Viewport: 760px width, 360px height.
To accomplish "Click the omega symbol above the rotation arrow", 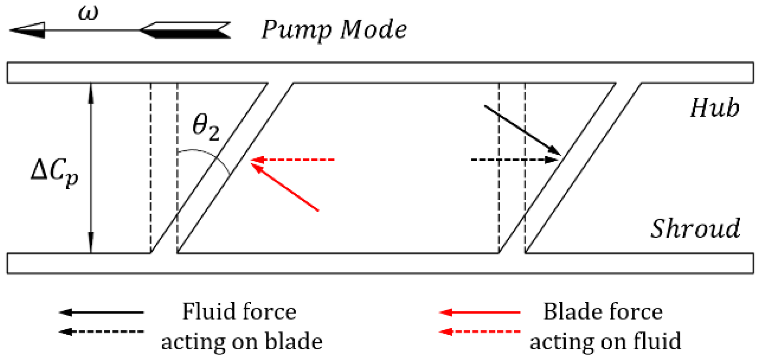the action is [88, 13].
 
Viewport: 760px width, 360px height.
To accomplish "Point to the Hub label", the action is [715, 108].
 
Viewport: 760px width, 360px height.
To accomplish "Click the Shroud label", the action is [695, 228].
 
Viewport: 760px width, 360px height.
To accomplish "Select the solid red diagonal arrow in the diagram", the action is [285, 186].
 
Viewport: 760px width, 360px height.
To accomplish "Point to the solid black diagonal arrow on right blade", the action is [522, 130].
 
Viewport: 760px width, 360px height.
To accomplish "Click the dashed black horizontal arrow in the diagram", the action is [515, 160].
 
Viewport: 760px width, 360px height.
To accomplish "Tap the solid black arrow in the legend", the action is [101, 312].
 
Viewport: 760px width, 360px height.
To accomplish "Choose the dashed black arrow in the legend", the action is [101, 331].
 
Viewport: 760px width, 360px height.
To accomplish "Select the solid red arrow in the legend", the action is [480, 312].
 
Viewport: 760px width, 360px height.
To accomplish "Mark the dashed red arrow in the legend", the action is [480, 331].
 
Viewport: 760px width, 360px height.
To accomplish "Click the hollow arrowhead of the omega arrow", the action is [27, 30].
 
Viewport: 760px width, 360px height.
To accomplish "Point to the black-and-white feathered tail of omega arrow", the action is [185, 30].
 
